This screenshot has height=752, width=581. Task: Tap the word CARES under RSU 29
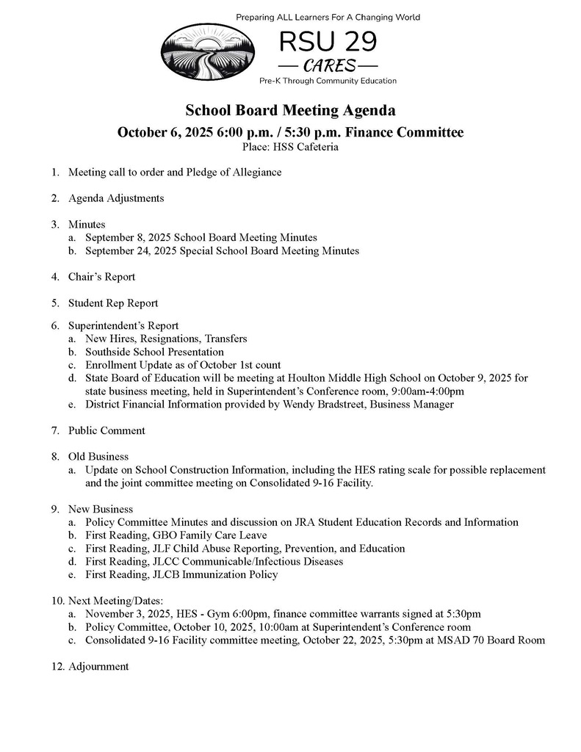pyautogui.click(x=328, y=65)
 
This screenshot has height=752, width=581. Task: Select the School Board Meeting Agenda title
pyautogui.click(x=290, y=110)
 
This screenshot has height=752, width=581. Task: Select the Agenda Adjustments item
pyautogui.click(x=116, y=198)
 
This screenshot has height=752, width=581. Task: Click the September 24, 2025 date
pyautogui.click(x=129, y=251)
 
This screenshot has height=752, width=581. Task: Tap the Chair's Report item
pyautogui.click(x=101, y=277)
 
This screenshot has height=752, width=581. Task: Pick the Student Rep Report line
pyautogui.click(x=113, y=303)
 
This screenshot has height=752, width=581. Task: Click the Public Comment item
pyautogui.click(x=107, y=430)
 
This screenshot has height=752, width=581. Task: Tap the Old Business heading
pyautogui.click(x=98, y=457)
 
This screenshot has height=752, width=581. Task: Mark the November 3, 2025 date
pyautogui.click(x=129, y=613)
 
